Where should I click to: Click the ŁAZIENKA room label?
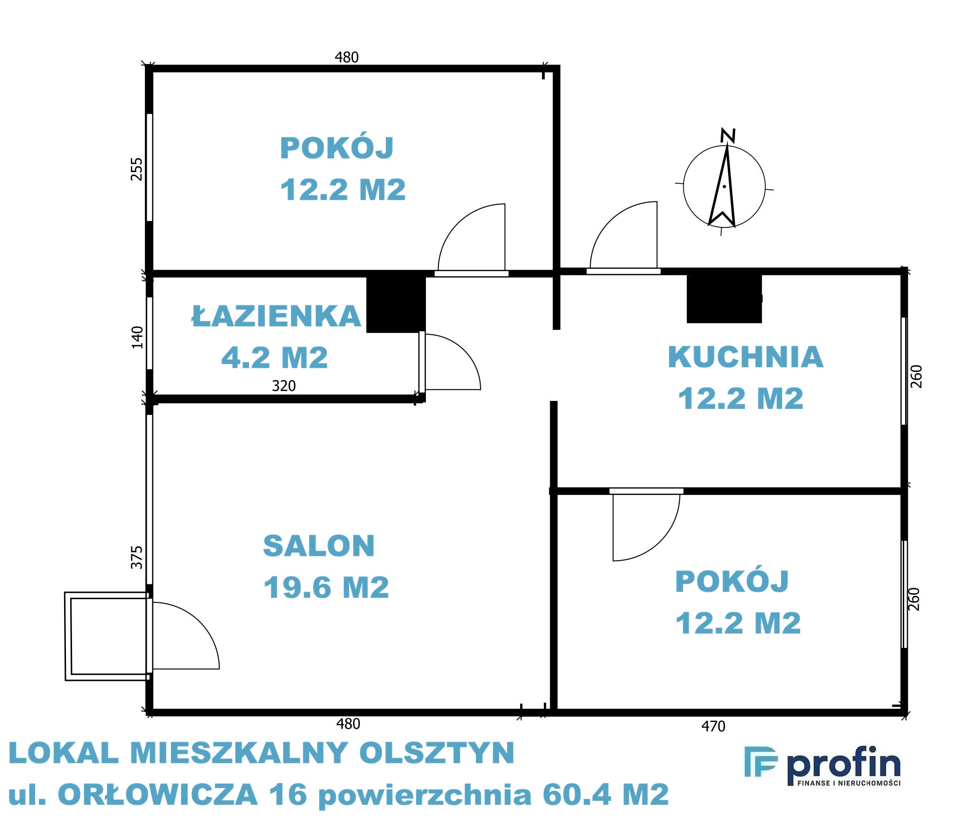coord(276,316)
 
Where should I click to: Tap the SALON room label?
coord(319,546)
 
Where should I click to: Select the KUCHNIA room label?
coord(746,357)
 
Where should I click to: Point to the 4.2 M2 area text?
coord(274,357)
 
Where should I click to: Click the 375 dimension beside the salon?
coord(137,557)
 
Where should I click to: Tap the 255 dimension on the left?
coord(137,169)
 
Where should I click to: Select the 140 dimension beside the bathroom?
coord(137,337)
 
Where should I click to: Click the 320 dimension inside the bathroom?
coord(284,386)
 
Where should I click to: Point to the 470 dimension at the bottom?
coord(713,726)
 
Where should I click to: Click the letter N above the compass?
coord(728,136)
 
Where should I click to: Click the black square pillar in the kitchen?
coord(724,299)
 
